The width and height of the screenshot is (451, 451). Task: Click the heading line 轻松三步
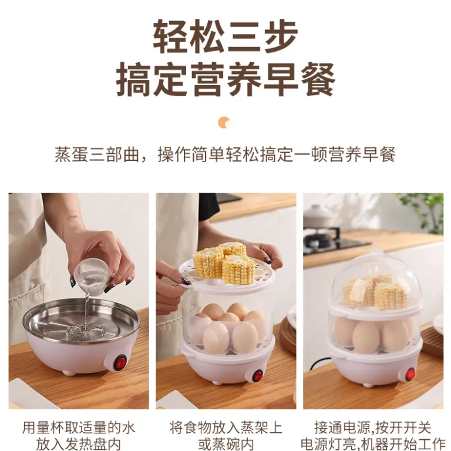pyautogui.click(x=225, y=37)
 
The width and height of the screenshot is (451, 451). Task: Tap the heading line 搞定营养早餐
pyautogui.click(x=225, y=79)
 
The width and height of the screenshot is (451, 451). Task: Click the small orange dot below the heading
pyautogui.click(x=225, y=122)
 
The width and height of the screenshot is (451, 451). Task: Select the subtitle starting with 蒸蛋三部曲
pyautogui.click(x=225, y=154)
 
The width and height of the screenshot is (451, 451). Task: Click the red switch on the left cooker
pyautogui.click(x=120, y=363)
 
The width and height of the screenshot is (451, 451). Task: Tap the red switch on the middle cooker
pyautogui.click(x=258, y=376)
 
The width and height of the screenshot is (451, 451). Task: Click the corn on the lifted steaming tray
pyautogui.click(x=224, y=262)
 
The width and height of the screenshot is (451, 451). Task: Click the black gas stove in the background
pyautogui.click(x=334, y=241)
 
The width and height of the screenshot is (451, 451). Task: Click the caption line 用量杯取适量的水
pyautogui.click(x=79, y=428)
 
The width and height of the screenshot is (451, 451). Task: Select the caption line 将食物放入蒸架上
pyautogui.click(x=225, y=428)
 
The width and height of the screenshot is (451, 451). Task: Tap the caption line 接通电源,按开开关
pyautogui.click(x=373, y=428)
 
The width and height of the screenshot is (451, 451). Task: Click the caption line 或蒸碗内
pyautogui.click(x=225, y=445)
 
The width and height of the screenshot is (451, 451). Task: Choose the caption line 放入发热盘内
pyautogui.click(x=79, y=445)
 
